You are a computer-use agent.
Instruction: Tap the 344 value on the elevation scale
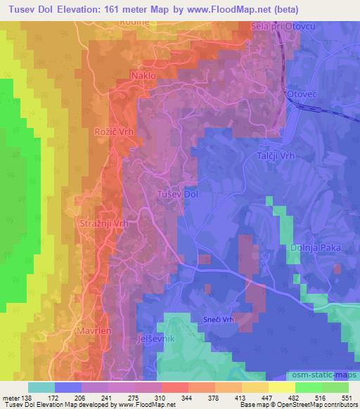click(188, 397)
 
